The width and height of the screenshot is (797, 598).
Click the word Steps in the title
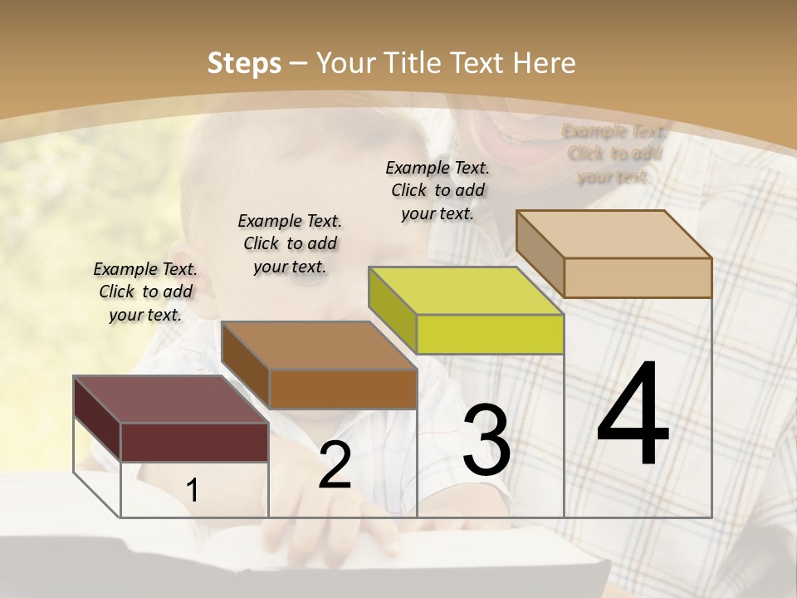(x=244, y=63)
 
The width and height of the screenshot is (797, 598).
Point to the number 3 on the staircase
(x=486, y=440)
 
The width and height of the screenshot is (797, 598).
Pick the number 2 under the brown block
(x=335, y=465)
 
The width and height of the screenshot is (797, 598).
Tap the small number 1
(x=193, y=491)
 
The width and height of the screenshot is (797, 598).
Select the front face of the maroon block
(x=194, y=442)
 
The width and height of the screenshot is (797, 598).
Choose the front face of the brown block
(x=343, y=389)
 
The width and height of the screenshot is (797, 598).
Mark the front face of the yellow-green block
(x=490, y=334)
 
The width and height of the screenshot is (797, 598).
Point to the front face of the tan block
(x=638, y=277)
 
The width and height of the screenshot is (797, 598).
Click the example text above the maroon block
(x=145, y=292)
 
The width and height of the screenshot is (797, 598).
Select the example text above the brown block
(x=290, y=243)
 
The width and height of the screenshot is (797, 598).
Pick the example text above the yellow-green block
(x=438, y=190)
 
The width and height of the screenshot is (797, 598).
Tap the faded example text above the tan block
(x=614, y=154)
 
